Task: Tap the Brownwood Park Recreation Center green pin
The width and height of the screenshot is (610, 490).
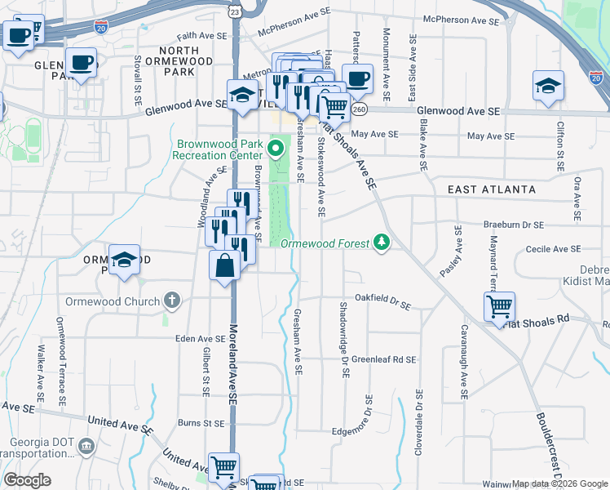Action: coord(276,149)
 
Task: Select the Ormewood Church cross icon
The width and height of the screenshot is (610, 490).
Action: coord(170,300)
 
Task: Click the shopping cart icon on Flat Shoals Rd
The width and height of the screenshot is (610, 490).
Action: coord(499,307)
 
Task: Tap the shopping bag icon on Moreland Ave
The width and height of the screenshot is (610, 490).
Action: coord(224,265)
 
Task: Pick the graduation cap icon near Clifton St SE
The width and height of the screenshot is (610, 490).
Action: coord(548,86)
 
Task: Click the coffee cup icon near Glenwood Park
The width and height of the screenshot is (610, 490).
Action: coord(81,62)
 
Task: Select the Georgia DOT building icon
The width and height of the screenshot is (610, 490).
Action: coord(86,446)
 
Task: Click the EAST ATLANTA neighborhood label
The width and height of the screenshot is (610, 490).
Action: coord(492,189)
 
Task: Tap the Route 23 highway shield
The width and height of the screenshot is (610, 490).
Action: coord(235,12)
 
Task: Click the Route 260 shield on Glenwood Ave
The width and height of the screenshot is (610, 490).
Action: coord(360,109)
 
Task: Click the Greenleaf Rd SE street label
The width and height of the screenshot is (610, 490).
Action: coord(383,359)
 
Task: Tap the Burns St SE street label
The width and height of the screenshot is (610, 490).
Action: coord(201,424)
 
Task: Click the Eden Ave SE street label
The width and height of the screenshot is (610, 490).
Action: coord(201,338)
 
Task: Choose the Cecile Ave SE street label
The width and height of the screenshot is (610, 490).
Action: coord(554,249)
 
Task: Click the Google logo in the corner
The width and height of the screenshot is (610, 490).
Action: coord(27,480)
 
